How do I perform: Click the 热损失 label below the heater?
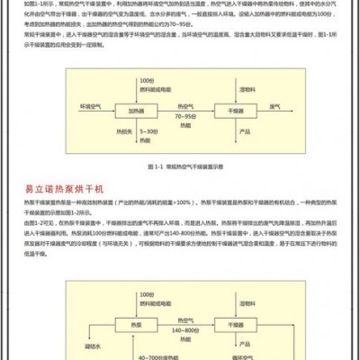pyautogui.click(x=126, y=132)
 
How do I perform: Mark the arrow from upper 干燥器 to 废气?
pyautogui.click(x=265, y=110)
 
